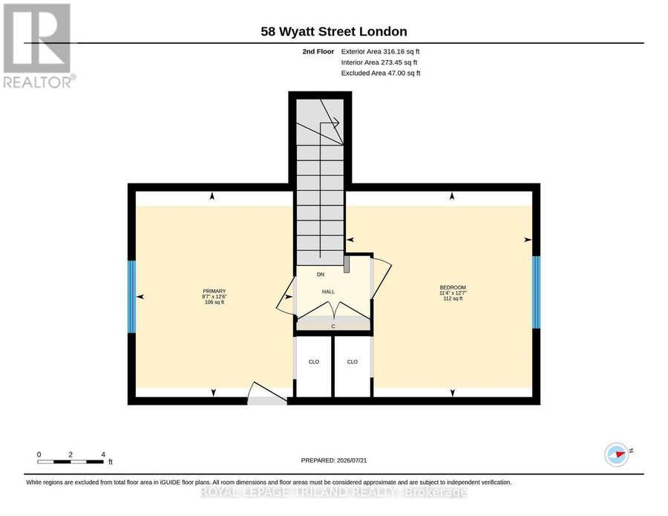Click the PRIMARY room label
tap(215, 291)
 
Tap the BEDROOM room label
tap(453, 287)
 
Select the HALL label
tap(328, 292)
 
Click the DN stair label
tap(321, 275)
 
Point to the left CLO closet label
tap(314, 362)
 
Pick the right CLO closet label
tap(353, 362)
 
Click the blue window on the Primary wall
tap(131, 296)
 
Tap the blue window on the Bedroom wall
tap(536, 293)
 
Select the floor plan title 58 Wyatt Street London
tap(334, 31)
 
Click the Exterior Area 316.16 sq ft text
tap(381, 51)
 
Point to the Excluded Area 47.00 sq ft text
tap(381, 74)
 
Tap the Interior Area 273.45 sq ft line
tap(379, 62)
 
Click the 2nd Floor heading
tap(318, 51)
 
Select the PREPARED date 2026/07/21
tap(352, 460)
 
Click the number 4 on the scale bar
tap(103, 454)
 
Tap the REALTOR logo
tap(39, 46)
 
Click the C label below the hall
tap(333, 327)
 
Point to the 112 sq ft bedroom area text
tap(453, 298)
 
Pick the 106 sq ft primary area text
tap(215, 302)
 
